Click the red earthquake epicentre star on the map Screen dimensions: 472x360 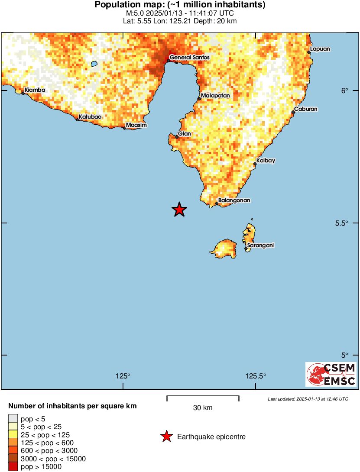[179, 210]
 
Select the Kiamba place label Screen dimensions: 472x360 [35, 90]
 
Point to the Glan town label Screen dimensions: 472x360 [184, 134]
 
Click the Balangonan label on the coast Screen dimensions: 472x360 [234, 200]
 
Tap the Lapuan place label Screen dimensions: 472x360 [320, 49]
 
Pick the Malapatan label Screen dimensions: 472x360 [215, 95]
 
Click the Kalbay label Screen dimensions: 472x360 [266, 161]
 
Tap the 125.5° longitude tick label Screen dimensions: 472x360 [255, 375]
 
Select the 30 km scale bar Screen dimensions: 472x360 [203, 396]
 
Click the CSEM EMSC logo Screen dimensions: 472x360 [331, 374]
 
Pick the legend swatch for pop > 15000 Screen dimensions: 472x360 [13, 466]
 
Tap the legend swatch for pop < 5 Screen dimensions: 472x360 [13, 419]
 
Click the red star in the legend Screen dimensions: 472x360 [166, 437]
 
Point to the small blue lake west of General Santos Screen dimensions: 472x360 [94, 64]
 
